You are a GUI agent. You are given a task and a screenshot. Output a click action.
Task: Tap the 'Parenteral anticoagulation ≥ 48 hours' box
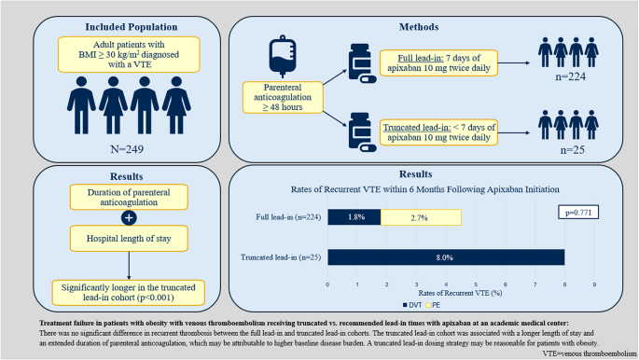pos(283,97)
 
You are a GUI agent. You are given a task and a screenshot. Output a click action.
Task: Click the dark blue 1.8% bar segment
pos(354,217)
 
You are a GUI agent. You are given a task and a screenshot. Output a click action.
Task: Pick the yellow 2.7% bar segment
pos(421,217)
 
